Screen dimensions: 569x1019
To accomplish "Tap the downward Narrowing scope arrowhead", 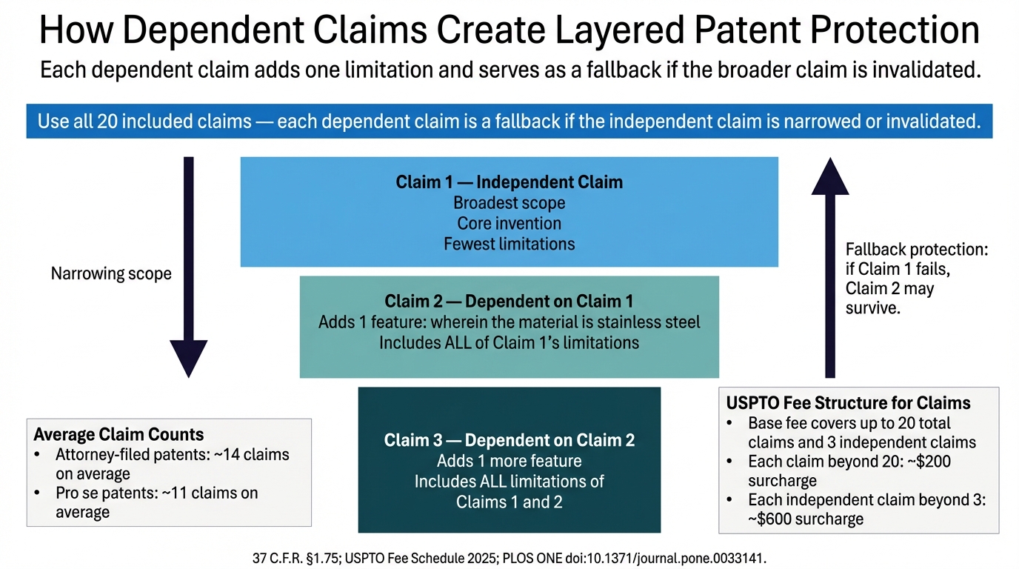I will point(188,358).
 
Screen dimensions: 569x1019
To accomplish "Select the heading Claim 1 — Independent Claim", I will point(509,182).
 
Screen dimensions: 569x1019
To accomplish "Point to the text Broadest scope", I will point(509,203).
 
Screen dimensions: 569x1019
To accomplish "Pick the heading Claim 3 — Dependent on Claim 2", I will point(509,441).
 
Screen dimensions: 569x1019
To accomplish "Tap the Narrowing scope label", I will point(111,274).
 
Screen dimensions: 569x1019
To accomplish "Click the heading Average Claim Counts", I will point(119,435).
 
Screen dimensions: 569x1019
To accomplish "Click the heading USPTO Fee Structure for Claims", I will point(848,404).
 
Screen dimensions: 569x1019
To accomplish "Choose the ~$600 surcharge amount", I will point(774,519).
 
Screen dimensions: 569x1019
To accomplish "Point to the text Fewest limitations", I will point(509,244).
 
